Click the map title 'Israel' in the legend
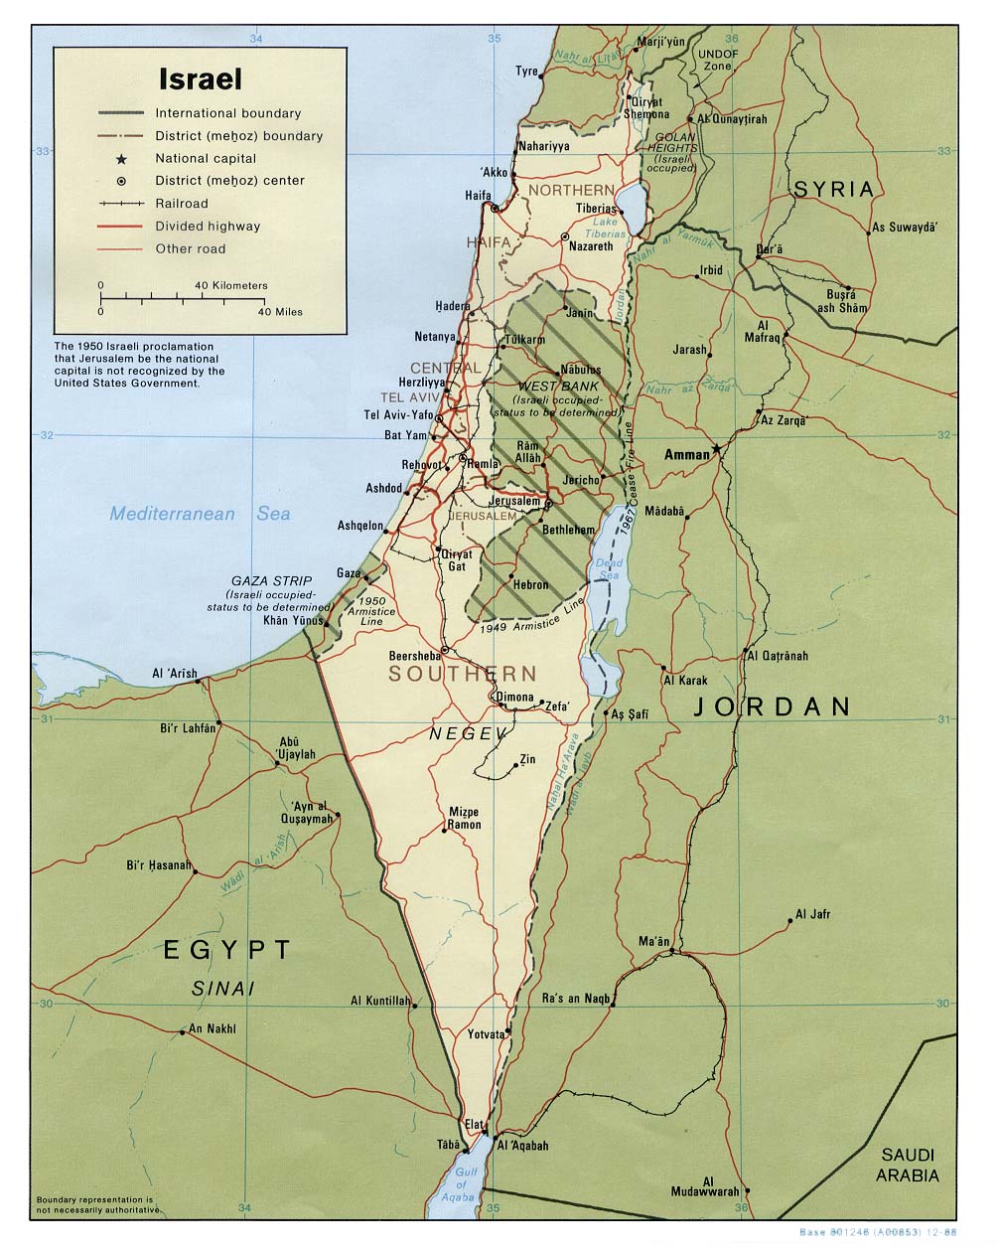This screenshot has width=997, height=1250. (200, 78)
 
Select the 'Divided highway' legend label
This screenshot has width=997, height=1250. (207, 226)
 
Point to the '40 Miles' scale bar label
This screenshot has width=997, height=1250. (280, 312)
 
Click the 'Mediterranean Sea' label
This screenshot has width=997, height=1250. (200, 514)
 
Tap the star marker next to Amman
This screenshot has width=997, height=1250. (717, 452)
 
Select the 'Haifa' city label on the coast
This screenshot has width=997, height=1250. (479, 195)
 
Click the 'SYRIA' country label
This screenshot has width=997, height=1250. (833, 189)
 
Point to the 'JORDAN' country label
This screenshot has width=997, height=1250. (772, 706)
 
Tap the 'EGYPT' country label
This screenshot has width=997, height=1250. (227, 950)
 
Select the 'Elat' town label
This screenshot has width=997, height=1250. (475, 1124)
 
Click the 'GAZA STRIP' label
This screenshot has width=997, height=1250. (271, 580)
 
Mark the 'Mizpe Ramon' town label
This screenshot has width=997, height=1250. (464, 818)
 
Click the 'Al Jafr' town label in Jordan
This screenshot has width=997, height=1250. (813, 914)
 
